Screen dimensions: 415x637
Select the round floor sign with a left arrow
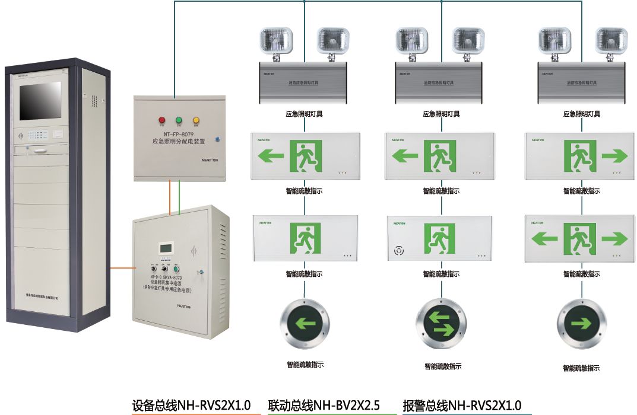pyautogui.click(x=305, y=324)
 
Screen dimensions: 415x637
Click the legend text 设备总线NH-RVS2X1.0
pyautogui.click(x=191, y=406)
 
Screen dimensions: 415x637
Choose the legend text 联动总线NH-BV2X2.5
pyautogui.click(x=324, y=406)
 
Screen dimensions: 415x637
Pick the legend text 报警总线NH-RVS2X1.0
pyautogui.click(x=462, y=406)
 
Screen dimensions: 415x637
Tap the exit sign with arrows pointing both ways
pyautogui.click(x=579, y=238)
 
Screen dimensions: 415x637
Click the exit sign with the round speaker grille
pyautogui.click(x=441, y=238)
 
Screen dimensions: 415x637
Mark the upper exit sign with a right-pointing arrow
pyautogui.click(x=579, y=156)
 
